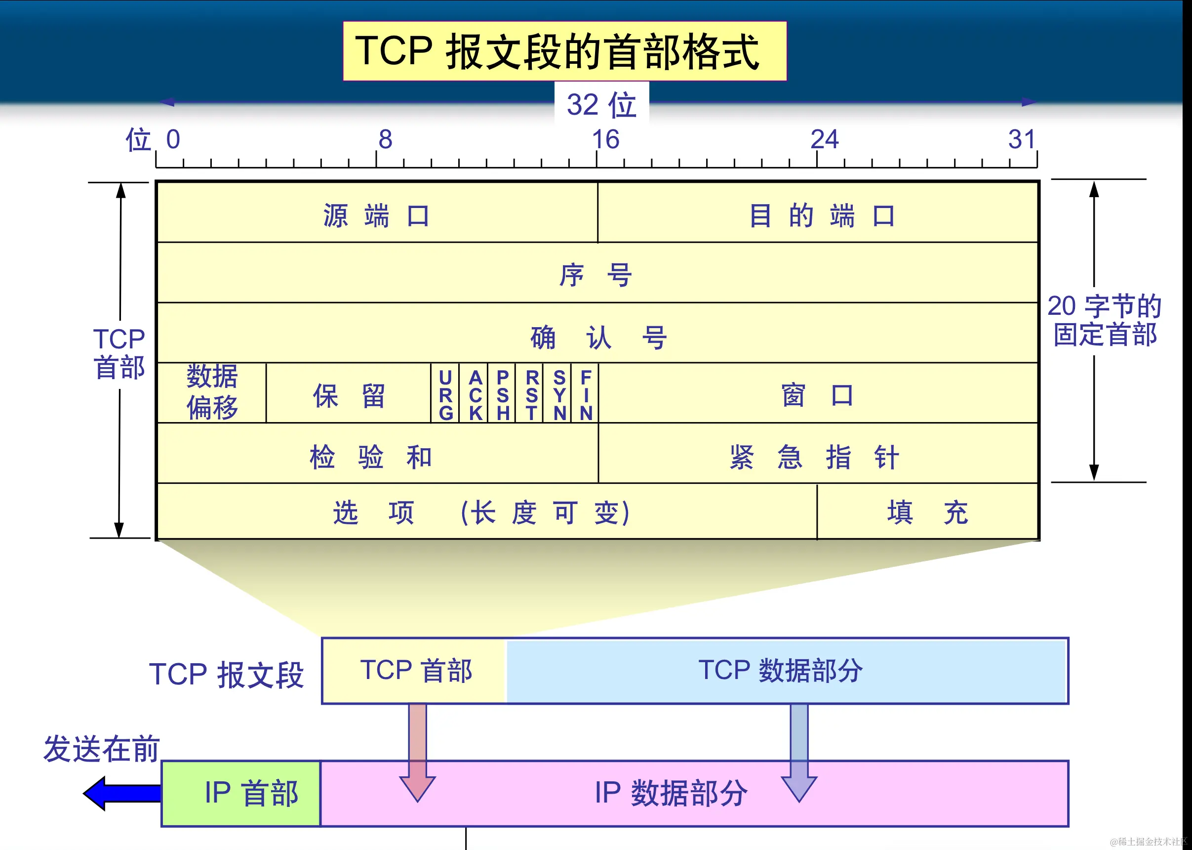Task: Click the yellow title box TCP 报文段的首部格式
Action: tap(564, 51)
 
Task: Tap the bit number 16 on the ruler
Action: tap(605, 139)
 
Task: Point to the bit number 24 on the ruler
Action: tap(824, 139)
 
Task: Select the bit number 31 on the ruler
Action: tap(1022, 139)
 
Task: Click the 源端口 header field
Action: tap(377, 214)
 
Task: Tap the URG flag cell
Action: tap(445, 395)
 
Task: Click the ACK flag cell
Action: tap(475, 395)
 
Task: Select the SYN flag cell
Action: tap(559, 395)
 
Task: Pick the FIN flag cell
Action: tap(586, 395)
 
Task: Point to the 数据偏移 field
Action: tap(212, 392)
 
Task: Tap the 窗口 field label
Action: tap(817, 395)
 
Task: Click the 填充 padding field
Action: tap(927, 512)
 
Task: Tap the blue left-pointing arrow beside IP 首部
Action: tap(120, 793)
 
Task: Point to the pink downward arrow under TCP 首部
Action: tap(417, 754)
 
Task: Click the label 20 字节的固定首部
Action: tap(1104, 320)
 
